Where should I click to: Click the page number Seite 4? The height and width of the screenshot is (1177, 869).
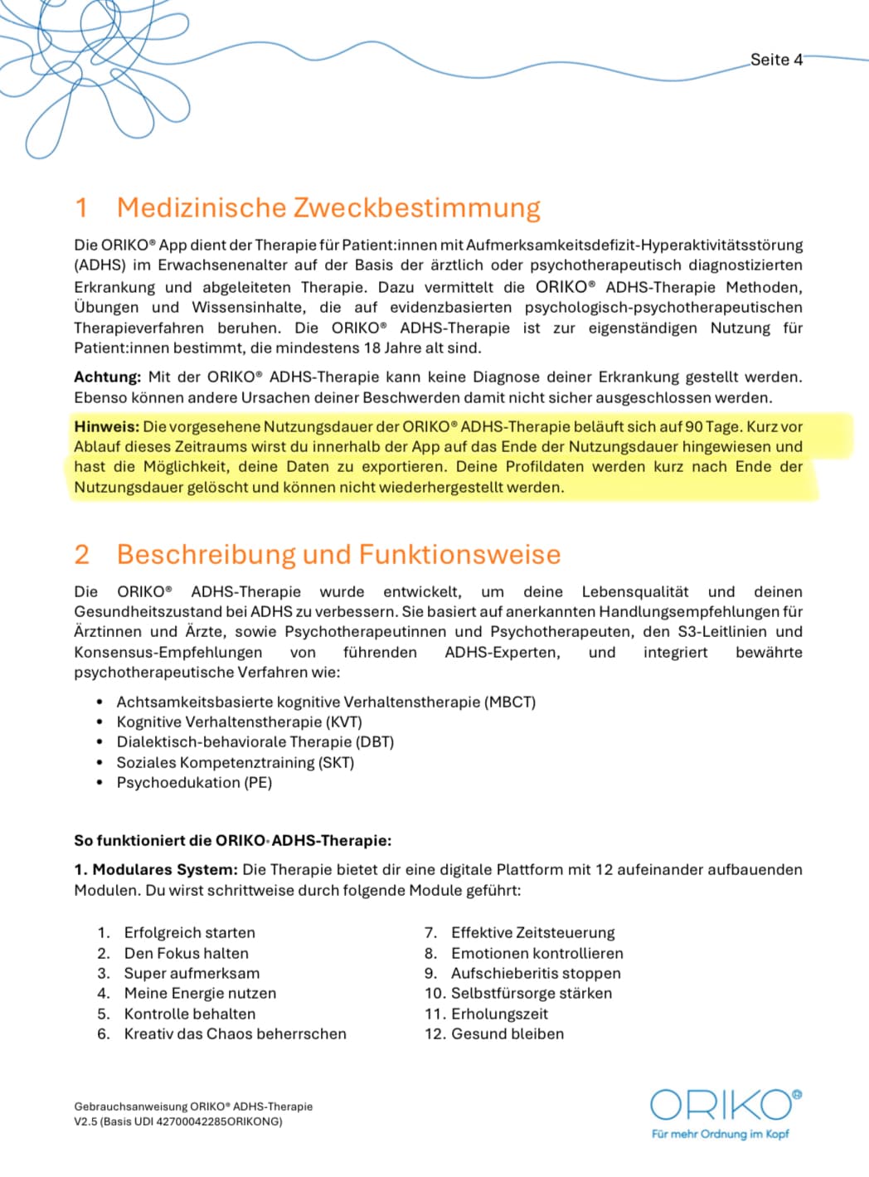click(776, 60)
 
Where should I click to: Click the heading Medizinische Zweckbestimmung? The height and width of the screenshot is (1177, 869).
click(328, 207)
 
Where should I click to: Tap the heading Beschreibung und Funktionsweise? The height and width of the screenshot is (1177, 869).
click(338, 554)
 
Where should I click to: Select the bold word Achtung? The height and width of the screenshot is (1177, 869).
click(107, 377)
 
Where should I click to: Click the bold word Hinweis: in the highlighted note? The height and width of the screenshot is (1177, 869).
click(106, 427)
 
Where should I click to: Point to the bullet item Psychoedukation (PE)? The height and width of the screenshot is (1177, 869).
click(194, 782)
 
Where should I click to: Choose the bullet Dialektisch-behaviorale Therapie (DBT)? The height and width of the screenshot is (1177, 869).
click(255, 742)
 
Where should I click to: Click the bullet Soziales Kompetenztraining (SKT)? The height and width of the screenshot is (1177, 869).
click(235, 762)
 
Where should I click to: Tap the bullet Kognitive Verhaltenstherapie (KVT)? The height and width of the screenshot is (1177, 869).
click(239, 722)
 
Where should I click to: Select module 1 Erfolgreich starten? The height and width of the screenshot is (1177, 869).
click(189, 932)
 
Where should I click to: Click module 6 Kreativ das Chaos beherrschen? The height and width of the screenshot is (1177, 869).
click(235, 1034)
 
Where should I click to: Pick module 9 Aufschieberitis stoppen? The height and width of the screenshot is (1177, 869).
click(535, 973)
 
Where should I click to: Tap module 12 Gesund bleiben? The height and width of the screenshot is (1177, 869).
click(507, 1034)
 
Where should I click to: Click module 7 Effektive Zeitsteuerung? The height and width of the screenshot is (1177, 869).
click(532, 932)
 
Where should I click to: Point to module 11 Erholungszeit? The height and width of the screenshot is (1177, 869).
click(499, 1014)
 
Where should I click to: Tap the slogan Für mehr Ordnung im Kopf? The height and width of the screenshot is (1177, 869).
click(720, 1134)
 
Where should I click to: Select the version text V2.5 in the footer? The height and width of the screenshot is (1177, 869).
click(87, 1121)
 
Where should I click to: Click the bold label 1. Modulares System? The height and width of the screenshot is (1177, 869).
click(156, 870)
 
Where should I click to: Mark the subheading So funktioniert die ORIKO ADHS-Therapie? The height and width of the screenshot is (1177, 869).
click(232, 840)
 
